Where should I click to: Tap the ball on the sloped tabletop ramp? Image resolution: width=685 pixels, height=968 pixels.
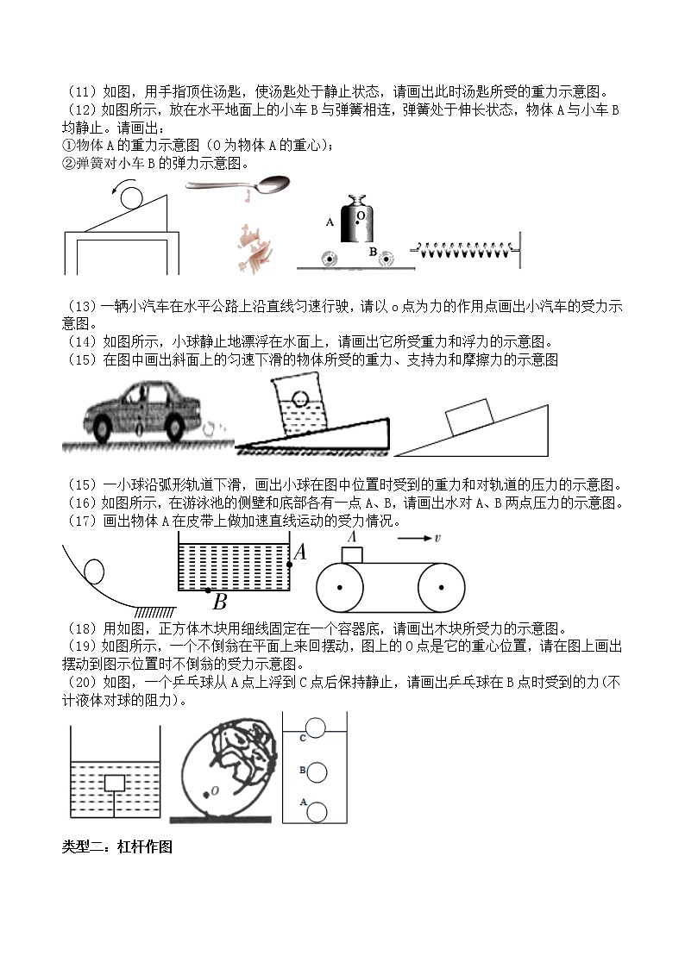(132, 197)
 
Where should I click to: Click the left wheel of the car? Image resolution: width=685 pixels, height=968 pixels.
(108, 426)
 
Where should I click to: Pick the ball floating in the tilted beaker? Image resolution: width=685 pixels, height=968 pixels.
(299, 399)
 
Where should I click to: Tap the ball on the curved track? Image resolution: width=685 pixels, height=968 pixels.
(92, 571)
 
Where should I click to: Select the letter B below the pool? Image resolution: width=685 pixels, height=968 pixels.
(219, 602)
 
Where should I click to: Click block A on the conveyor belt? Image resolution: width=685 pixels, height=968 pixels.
(352, 554)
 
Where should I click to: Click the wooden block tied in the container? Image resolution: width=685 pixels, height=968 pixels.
(114, 783)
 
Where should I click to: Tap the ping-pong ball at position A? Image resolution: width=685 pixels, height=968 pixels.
(317, 811)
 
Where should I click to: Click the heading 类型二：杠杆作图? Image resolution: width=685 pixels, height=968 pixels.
(117, 847)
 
